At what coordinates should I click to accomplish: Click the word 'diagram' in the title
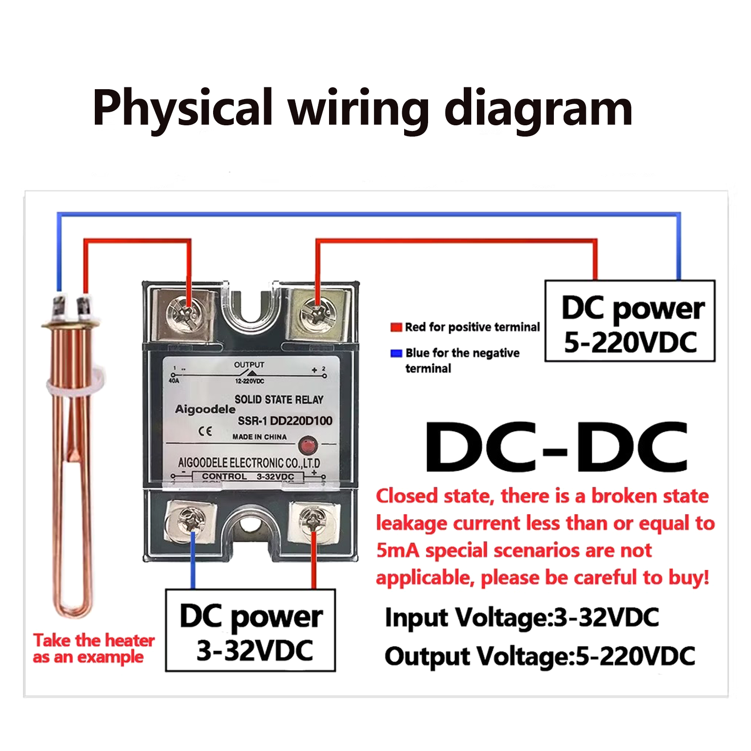point(538,109)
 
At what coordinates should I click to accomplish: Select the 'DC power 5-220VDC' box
point(630,321)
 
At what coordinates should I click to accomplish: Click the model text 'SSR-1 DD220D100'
point(285,421)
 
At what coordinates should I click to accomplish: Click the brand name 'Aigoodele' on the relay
point(205,409)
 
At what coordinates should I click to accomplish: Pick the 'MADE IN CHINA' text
point(260,437)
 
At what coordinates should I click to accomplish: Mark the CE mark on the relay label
point(205,431)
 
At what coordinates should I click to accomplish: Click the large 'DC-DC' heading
point(556,447)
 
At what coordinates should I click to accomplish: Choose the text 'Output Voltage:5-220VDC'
point(540,656)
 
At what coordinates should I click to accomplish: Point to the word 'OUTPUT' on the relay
point(249,365)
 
